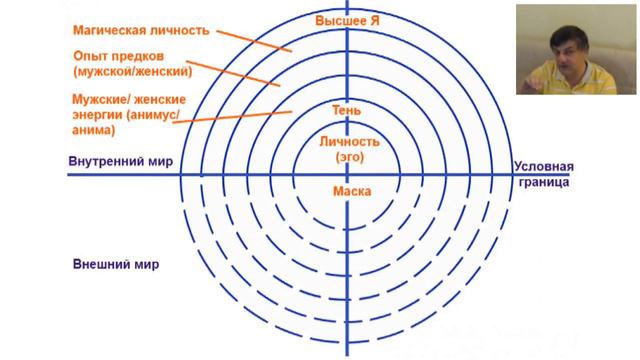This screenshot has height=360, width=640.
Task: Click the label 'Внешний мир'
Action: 116,265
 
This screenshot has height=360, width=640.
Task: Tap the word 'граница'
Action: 545,184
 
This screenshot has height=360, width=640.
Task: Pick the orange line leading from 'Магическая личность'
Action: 255,41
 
